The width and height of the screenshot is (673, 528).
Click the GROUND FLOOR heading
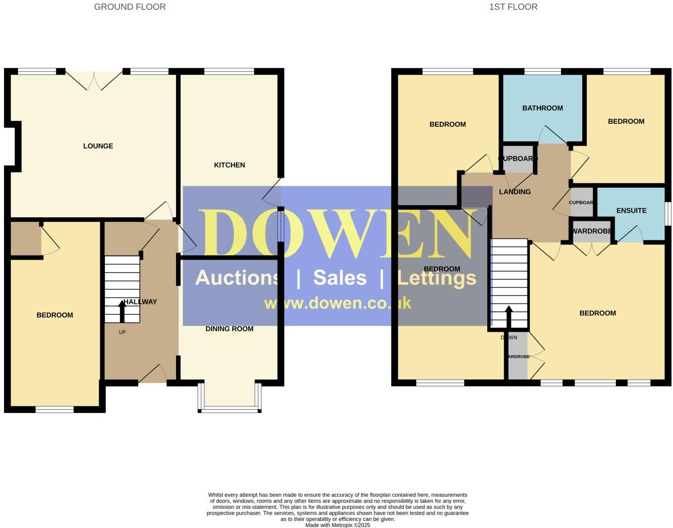pyautogui.click(x=130, y=7)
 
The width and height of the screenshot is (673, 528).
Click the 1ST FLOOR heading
pyautogui.click(x=513, y=7)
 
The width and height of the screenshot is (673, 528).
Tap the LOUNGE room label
pyautogui.click(x=98, y=146)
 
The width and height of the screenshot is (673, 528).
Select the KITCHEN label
pyautogui.click(x=230, y=165)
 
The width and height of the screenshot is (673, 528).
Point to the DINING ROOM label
pyautogui.click(x=230, y=329)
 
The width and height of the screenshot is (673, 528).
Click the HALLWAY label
pyautogui.click(x=140, y=302)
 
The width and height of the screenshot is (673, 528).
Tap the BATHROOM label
pyautogui.click(x=542, y=108)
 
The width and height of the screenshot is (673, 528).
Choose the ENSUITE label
pyautogui.click(x=631, y=211)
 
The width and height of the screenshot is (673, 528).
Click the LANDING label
pyautogui.click(x=515, y=192)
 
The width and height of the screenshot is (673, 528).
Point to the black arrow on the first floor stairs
pyautogui.click(x=508, y=316)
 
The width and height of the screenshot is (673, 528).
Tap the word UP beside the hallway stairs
pyautogui.click(x=122, y=332)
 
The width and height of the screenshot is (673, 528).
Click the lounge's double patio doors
pyautogui.click(x=94, y=81)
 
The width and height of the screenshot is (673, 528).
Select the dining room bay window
pyautogui.click(x=230, y=408)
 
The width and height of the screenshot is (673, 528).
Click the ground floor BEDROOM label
pyautogui.click(x=55, y=315)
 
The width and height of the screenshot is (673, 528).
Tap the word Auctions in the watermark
pyautogui.click(x=237, y=278)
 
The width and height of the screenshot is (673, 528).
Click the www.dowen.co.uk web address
pyautogui.click(x=338, y=303)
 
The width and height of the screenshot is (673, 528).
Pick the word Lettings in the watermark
pyautogui.click(x=437, y=278)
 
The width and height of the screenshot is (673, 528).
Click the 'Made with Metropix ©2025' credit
pyautogui.click(x=338, y=525)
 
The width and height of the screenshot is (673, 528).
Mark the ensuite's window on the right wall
pyautogui.click(x=668, y=213)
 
